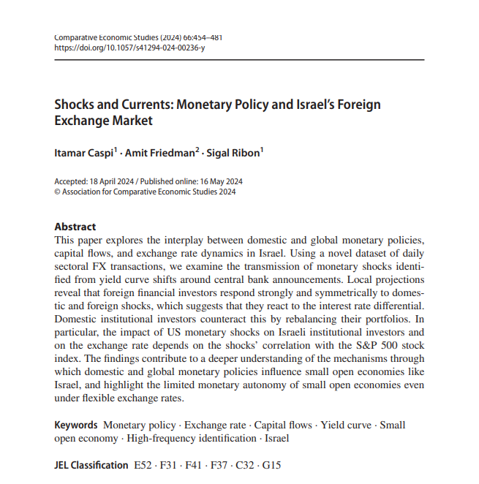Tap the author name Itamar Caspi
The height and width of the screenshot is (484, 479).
point(82,153)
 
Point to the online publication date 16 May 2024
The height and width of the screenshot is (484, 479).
point(219,182)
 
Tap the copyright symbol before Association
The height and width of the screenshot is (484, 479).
point(58,192)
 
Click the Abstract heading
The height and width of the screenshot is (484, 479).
point(75,227)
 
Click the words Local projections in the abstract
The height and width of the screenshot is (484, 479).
point(392,280)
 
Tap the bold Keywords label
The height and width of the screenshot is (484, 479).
point(76,425)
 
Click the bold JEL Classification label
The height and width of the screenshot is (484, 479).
point(91,464)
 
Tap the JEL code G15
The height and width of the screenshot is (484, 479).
point(271,464)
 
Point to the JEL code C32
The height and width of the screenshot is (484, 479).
point(246,464)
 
